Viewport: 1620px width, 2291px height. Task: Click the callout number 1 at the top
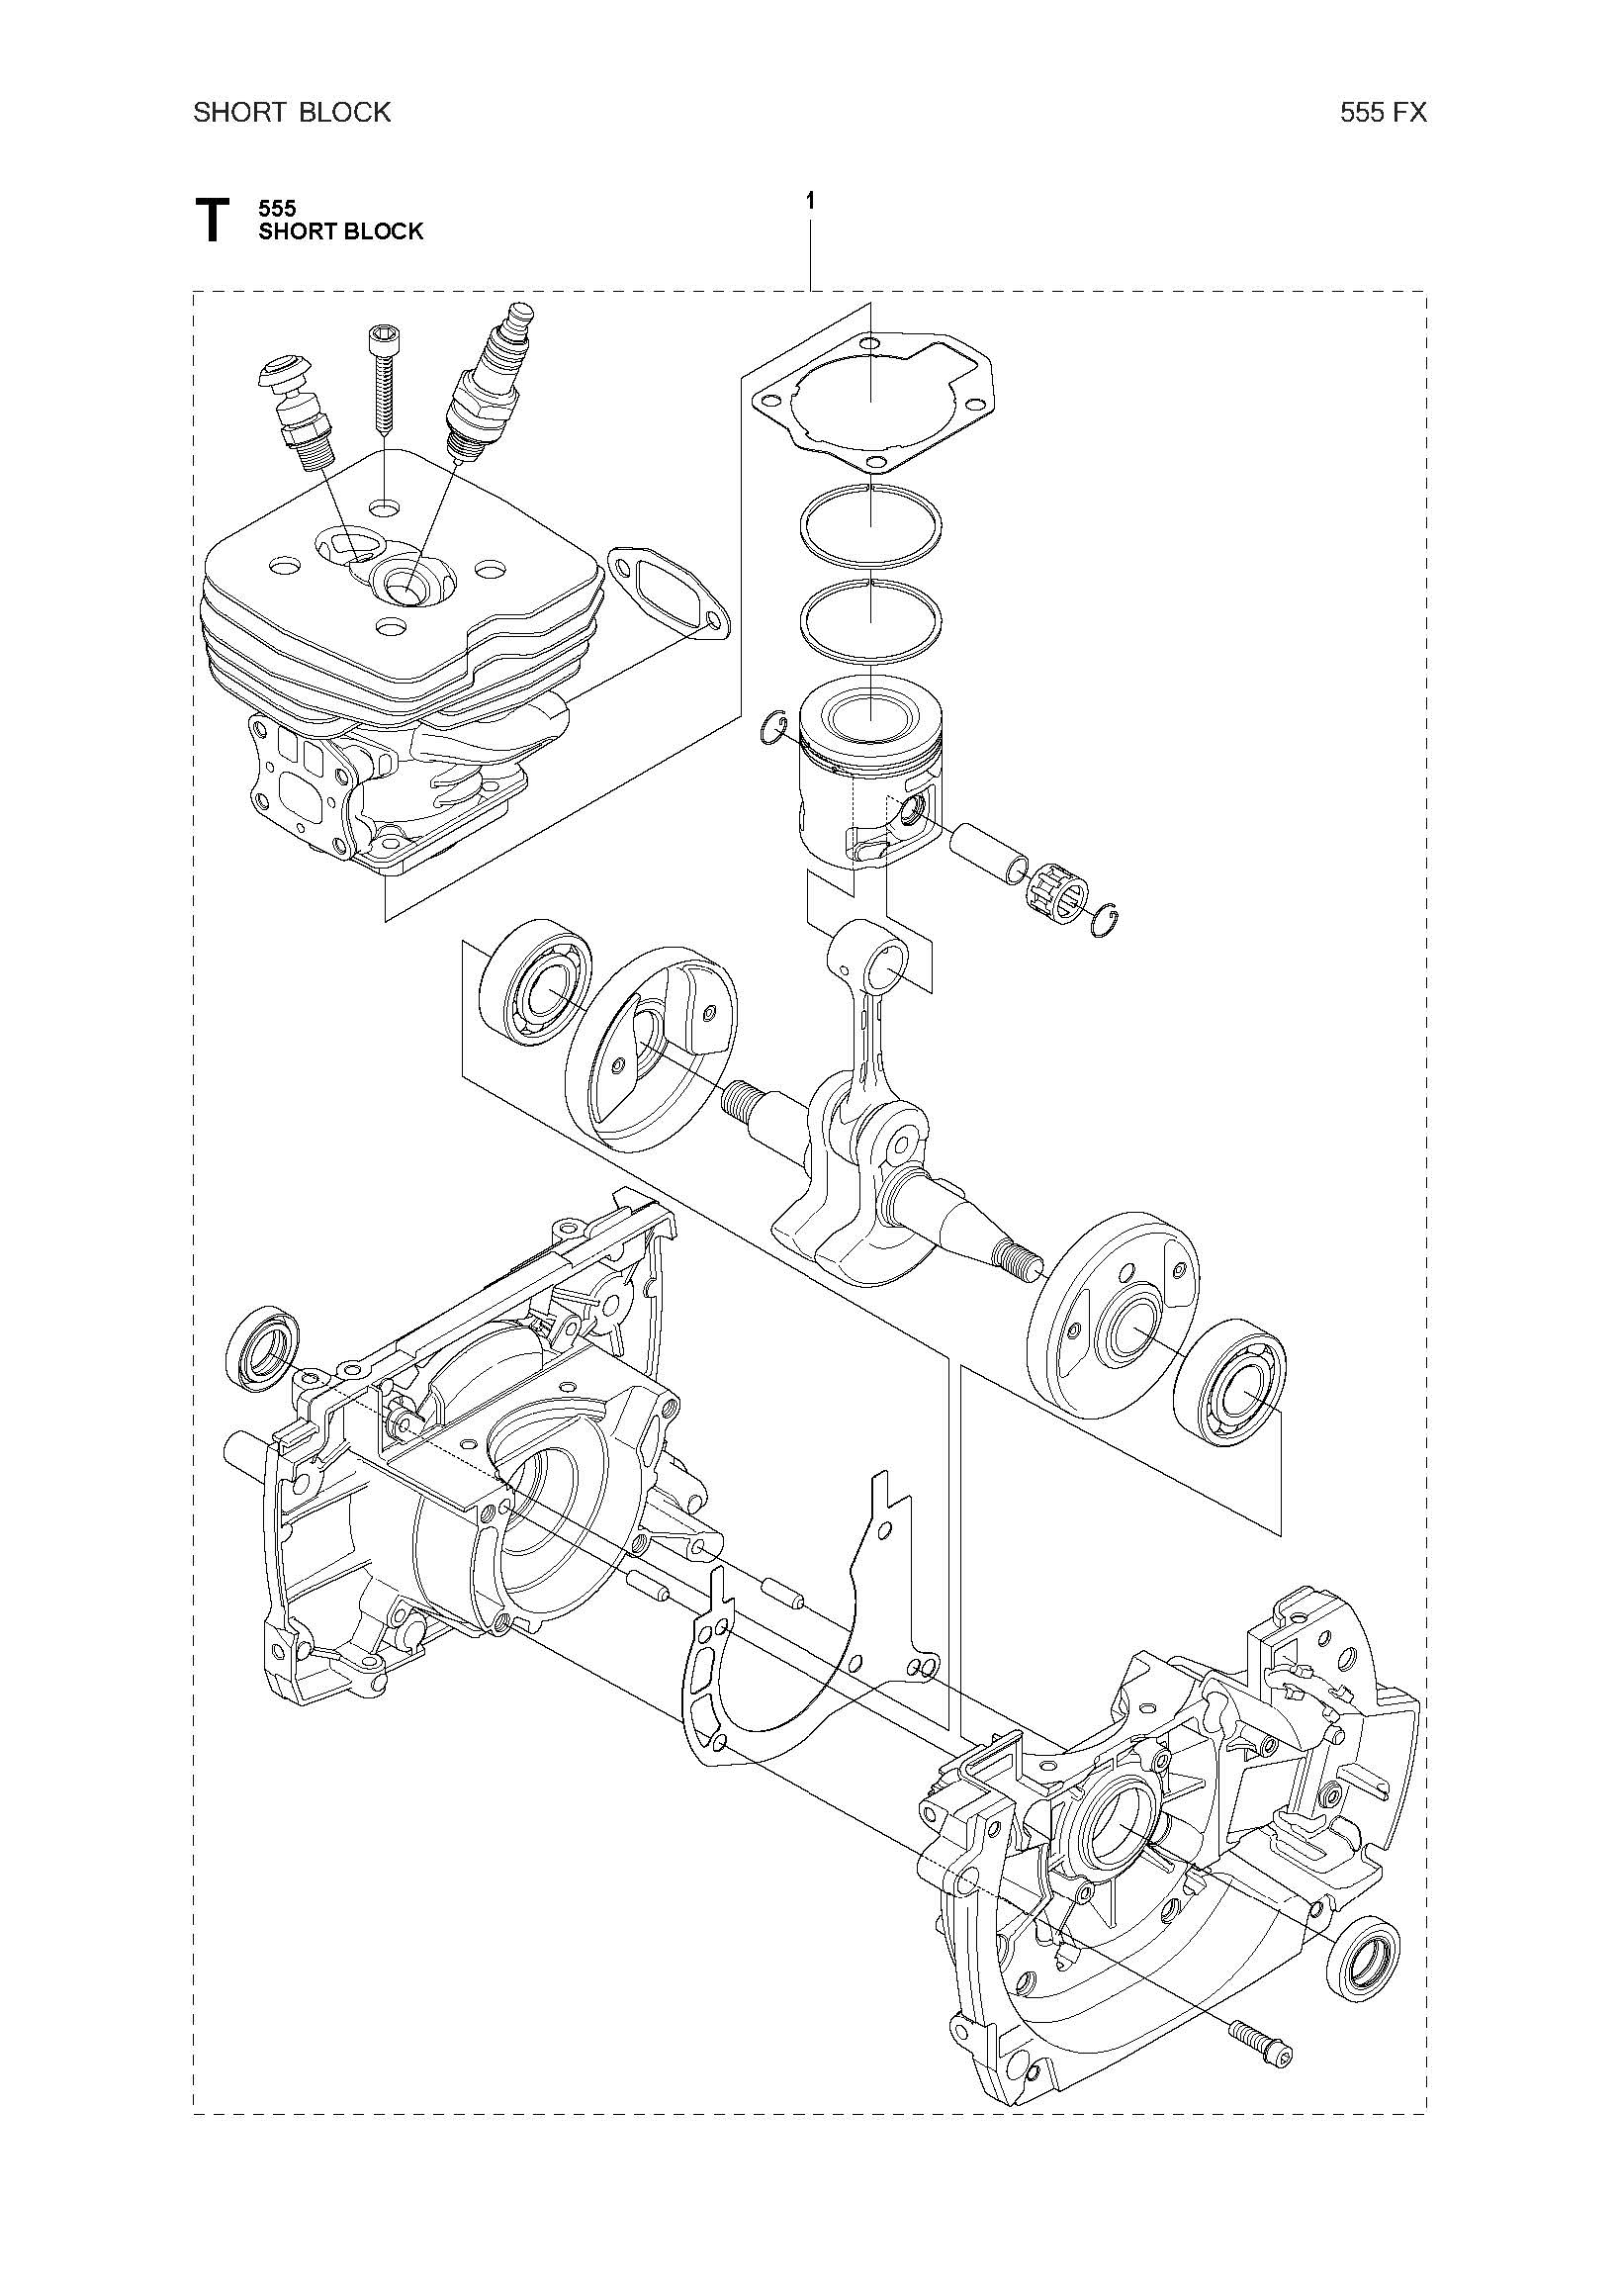(810, 202)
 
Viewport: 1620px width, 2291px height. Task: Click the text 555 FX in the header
(1384, 113)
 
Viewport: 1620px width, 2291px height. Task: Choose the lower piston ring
(870, 620)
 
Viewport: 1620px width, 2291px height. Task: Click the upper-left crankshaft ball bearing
(535, 983)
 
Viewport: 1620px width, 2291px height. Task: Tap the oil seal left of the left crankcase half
(262, 1346)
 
